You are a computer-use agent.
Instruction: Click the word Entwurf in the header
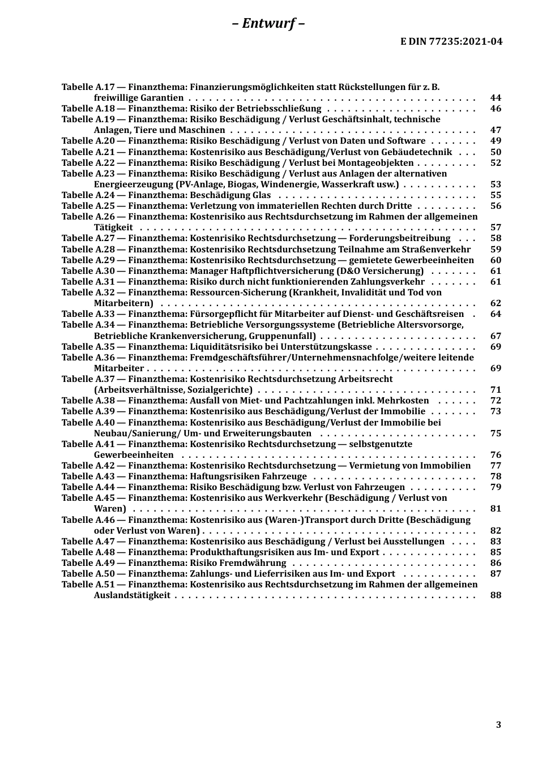point(268,23)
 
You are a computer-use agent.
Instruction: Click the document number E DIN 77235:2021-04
point(451,41)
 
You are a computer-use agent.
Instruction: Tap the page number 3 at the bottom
point(498,724)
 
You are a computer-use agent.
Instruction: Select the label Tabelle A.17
point(88,87)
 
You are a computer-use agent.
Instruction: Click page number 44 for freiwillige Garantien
point(496,98)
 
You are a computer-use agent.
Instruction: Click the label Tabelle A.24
point(88,195)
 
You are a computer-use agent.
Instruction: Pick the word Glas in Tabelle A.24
point(261,195)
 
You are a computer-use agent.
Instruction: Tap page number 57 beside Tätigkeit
point(496,227)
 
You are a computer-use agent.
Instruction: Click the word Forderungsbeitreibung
point(399,238)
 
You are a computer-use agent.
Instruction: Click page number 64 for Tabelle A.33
point(496,314)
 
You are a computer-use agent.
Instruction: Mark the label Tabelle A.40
point(88,423)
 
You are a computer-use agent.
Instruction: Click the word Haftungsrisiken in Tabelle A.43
point(222,476)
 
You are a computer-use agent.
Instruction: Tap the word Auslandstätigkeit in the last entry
point(132,595)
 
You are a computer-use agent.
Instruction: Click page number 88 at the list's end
point(496,595)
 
